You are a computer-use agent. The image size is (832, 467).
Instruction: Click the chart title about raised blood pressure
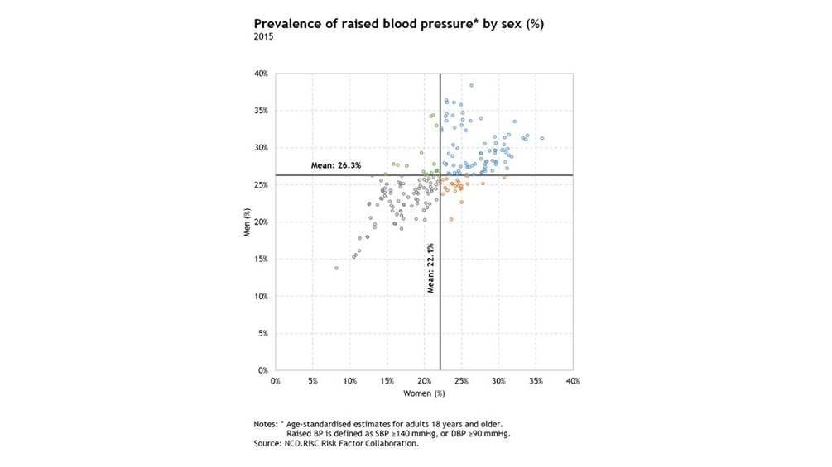(398, 24)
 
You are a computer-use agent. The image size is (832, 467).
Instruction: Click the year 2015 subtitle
(262, 36)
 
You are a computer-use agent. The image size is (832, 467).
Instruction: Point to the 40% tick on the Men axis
(260, 74)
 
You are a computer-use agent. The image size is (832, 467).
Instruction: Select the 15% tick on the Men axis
(260, 260)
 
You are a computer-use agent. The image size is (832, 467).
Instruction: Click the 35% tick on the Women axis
(536, 381)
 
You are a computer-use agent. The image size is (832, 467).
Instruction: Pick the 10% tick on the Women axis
(349, 381)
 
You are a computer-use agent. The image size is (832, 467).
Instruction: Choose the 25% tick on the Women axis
(461, 381)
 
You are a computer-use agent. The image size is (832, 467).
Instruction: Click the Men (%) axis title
(246, 222)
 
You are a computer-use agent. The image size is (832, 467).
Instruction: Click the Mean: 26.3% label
(336, 165)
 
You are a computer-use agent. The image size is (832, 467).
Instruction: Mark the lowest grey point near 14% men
(336, 268)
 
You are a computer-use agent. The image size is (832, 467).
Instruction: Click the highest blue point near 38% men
(471, 85)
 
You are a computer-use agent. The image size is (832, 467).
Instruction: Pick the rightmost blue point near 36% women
(541, 138)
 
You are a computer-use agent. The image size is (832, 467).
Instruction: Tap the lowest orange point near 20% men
(451, 219)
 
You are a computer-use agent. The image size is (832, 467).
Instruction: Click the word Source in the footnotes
(268, 444)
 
